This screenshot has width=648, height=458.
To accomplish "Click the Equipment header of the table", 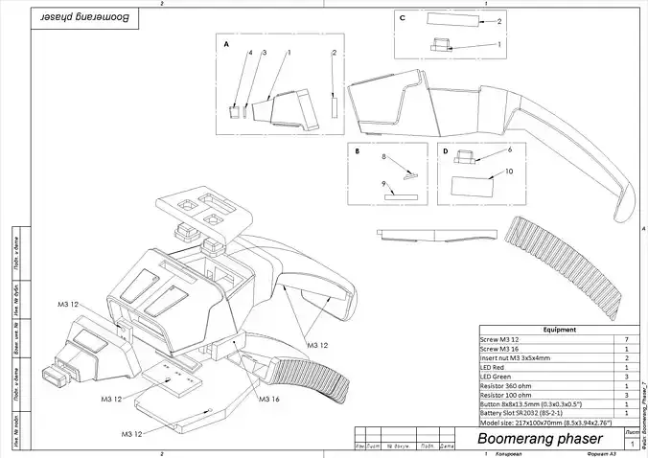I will tap(559, 329).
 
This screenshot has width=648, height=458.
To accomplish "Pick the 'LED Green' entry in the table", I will tap(498, 376).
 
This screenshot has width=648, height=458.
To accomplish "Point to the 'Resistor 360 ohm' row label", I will tap(509, 385).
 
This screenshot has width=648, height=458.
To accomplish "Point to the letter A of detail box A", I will tap(226, 45).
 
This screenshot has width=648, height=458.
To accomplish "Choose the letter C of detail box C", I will tap(403, 18).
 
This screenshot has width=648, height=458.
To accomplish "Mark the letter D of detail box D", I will tap(445, 150).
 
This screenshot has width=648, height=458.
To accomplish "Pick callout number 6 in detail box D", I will tap(510, 150).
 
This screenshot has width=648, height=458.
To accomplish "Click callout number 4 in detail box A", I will tap(251, 53).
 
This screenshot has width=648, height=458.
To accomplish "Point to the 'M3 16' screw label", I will tap(270, 400).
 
